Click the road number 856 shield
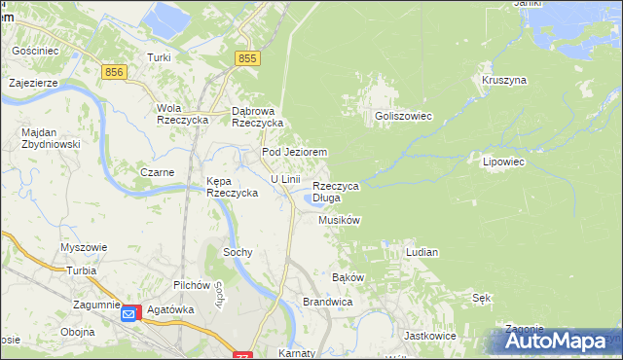114,72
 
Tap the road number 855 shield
247,59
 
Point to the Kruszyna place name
503,80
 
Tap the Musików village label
340,221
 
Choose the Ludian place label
421,252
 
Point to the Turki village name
159,57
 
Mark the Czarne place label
157,172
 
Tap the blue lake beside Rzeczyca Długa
312,200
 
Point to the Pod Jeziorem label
293,153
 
